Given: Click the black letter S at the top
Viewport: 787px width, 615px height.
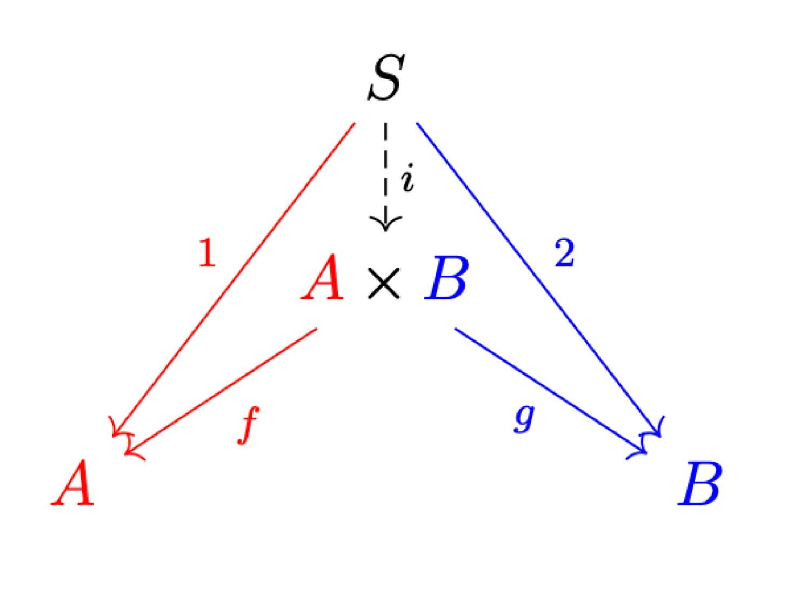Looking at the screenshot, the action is coord(385,78).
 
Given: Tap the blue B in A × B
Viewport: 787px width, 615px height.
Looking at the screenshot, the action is coord(446,279).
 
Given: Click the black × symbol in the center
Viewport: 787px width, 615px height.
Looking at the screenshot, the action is coord(384,283).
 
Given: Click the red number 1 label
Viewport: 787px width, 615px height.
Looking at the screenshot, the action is coord(208,252).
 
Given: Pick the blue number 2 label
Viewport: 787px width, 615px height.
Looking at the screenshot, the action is coord(564,253).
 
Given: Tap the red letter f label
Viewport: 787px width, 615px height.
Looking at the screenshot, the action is coord(248,425).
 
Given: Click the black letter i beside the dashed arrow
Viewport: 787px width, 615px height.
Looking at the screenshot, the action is coord(408,178).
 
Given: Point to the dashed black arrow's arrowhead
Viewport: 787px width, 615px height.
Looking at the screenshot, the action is coord(385,222).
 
